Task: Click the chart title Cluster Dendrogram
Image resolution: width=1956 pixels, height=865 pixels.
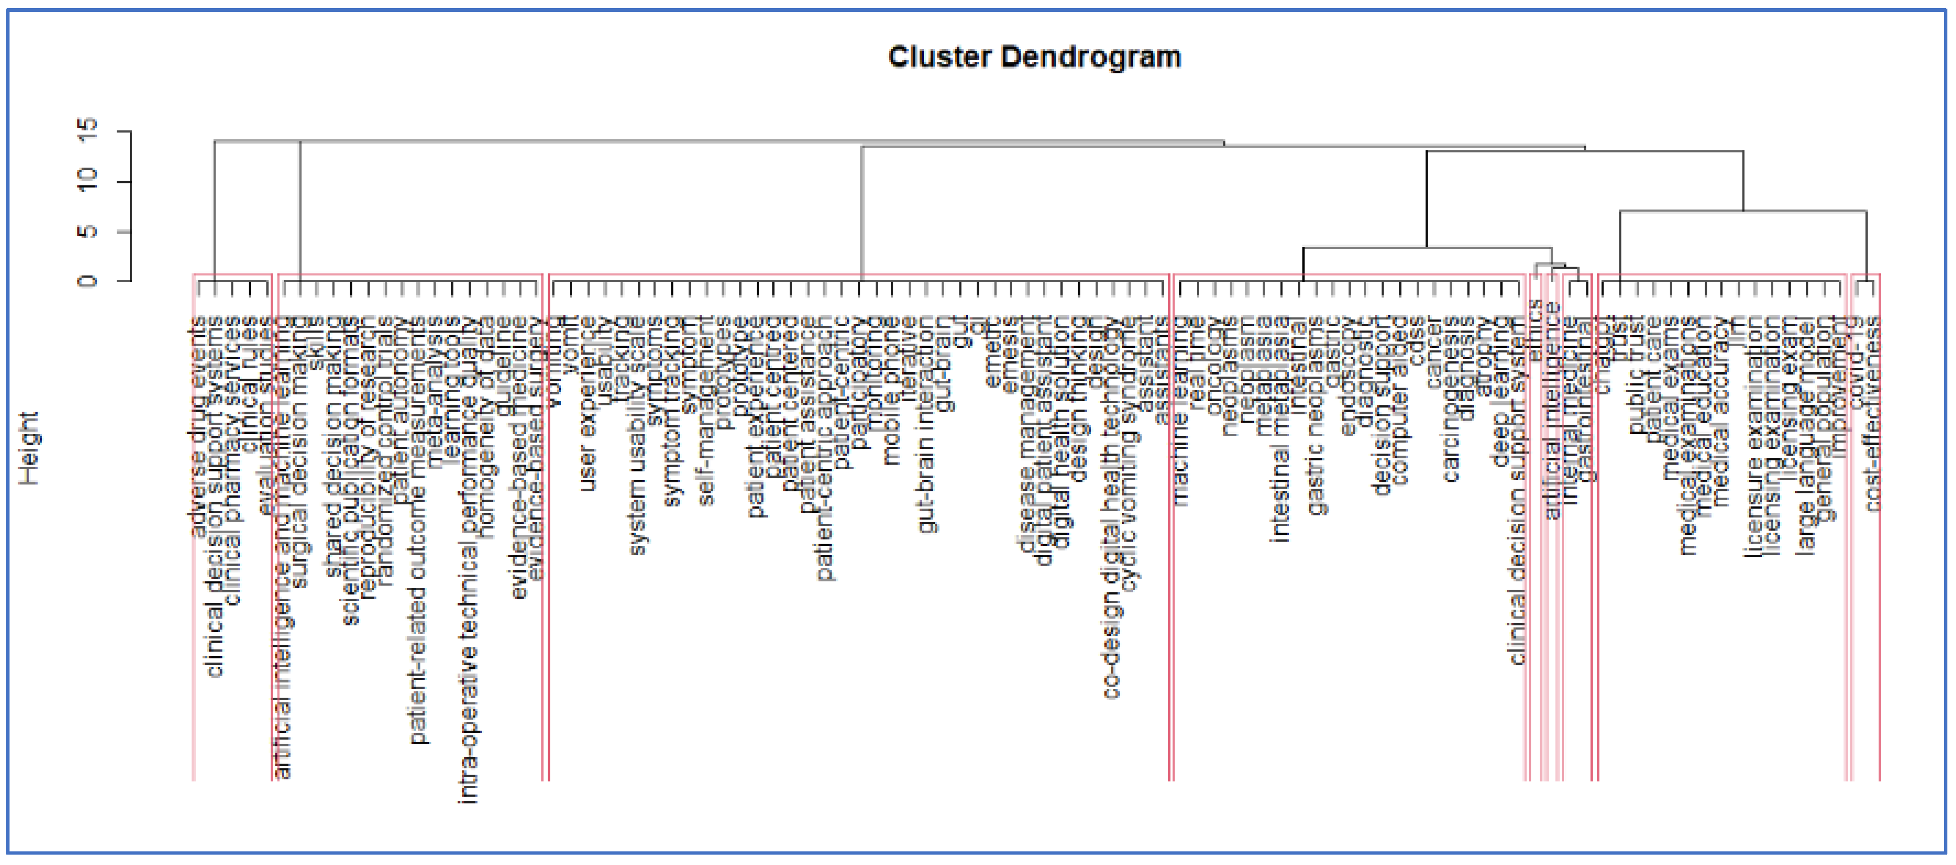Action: pyautogui.click(x=1034, y=57)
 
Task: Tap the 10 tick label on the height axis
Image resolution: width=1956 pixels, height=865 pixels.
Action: pyautogui.click(x=88, y=182)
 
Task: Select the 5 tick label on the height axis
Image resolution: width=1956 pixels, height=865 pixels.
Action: pyautogui.click(x=88, y=231)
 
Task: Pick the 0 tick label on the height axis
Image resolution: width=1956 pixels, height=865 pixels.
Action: pyautogui.click(x=88, y=281)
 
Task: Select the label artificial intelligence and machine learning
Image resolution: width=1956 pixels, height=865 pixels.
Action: pyautogui.click(x=283, y=547)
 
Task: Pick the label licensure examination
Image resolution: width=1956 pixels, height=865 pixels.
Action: pyautogui.click(x=1753, y=437)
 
